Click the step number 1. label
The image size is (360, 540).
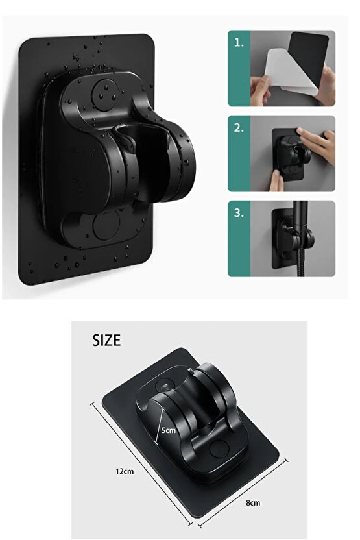[x=239, y=43]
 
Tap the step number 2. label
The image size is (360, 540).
[x=239, y=128]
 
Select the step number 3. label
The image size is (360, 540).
[x=239, y=212]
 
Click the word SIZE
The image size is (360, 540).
[x=106, y=340]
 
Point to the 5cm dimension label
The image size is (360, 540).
[x=168, y=430]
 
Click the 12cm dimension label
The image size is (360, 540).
[x=125, y=471]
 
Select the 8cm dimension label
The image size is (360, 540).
[x=253, y=503]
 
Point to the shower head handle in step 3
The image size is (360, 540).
[x=300, y=216]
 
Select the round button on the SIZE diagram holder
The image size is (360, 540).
[x=219, y=449]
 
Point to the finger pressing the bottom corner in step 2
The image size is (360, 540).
[x=276, y=180]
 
